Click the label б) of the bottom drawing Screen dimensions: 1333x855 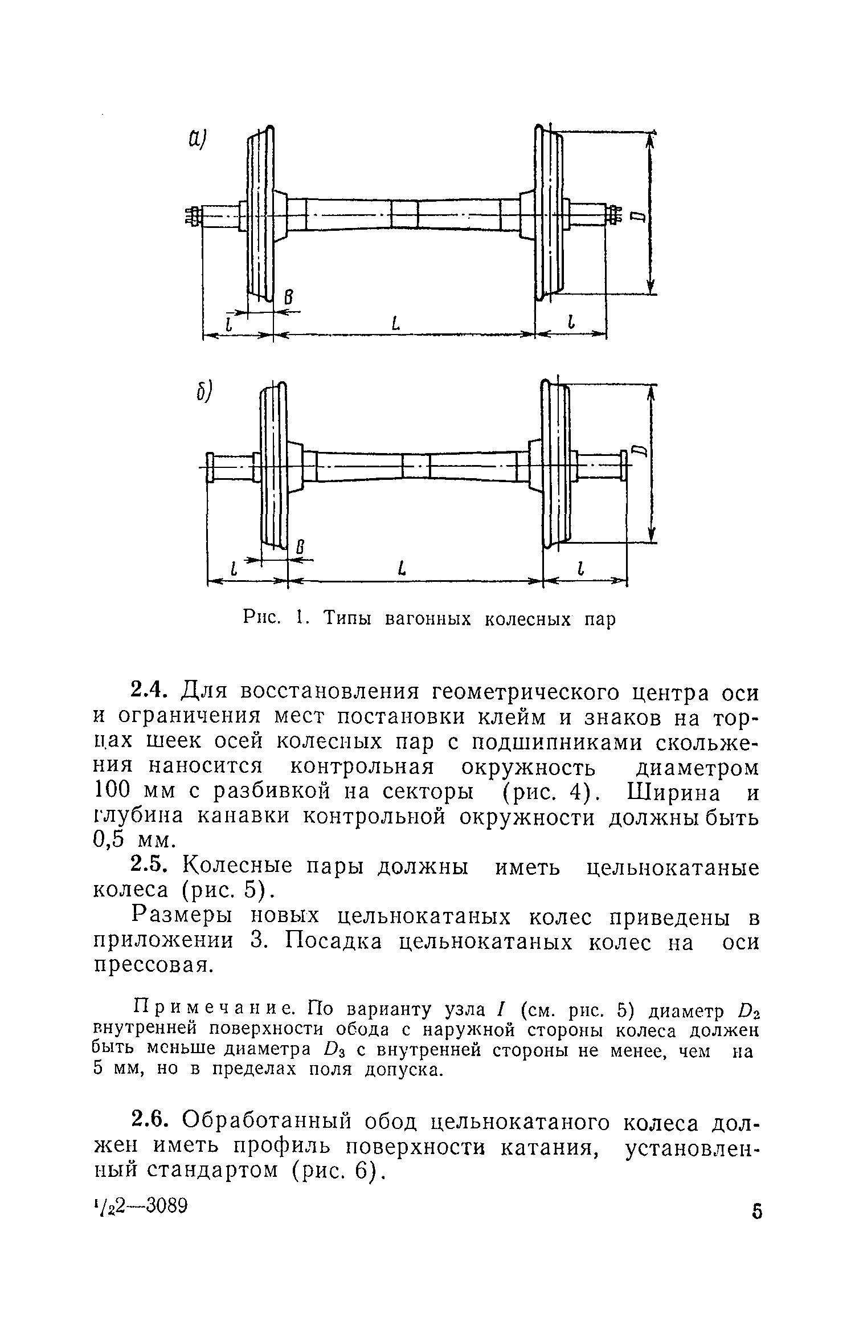click(203, 392)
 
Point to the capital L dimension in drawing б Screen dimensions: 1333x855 click(403, 568)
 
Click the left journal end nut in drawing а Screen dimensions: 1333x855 click(192, 216)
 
